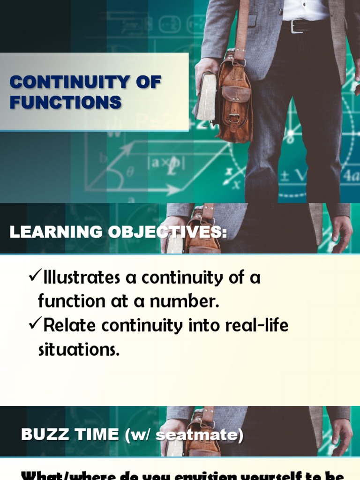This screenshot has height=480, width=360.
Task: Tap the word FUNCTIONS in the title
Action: (66, 102)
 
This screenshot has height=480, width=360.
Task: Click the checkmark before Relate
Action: (35, 324)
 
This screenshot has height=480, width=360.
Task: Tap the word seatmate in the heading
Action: (197, 435)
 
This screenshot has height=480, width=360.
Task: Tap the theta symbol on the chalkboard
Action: (130, 172)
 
